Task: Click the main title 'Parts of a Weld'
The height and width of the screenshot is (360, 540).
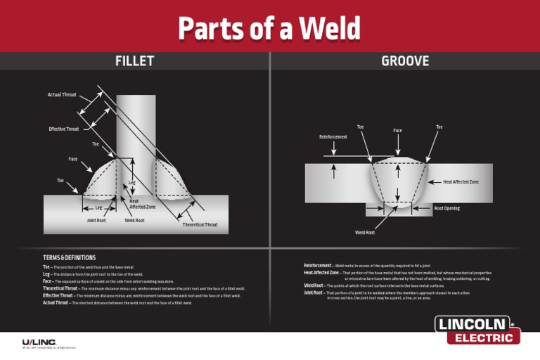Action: coord(269,29)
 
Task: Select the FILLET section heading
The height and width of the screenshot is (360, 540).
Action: coord(134,61)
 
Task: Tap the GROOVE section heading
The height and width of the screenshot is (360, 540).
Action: coord(405,61)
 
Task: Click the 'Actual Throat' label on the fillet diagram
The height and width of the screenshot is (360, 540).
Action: coord(62,95)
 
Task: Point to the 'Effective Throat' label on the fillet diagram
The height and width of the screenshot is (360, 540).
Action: coord(63,129)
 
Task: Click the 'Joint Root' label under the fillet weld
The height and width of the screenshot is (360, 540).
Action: coord(96,220)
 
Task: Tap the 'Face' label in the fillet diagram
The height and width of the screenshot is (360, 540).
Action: coord(73,159)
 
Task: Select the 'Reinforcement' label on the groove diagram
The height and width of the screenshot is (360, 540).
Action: coord(333,136)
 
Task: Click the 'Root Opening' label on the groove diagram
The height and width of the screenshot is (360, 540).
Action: coord(447,209)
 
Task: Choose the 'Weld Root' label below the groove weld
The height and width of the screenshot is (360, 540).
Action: coord(365,232)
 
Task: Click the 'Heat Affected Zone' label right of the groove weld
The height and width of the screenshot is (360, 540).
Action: coord(461,182)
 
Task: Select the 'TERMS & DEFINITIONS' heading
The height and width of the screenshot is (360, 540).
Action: coord(69,258)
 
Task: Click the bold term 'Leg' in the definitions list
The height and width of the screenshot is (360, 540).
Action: coord(46,274)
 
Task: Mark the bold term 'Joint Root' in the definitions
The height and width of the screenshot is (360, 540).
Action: coord(314,292)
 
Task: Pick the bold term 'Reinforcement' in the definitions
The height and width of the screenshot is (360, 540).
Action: coord(318,265)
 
